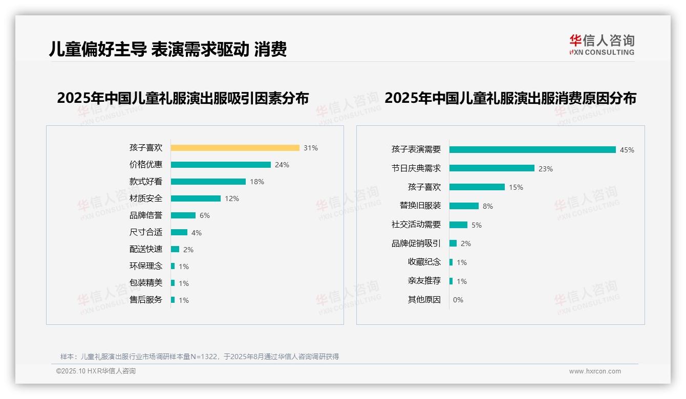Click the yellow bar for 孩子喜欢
[235, 148]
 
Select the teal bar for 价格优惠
[221, 165]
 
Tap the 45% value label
[627, 150]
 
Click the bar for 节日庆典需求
[492, 168]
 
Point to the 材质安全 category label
[146, 198]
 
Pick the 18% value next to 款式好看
[257, 182]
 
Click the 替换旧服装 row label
[420, 206]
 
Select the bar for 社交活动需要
[458, 225]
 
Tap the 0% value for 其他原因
[458, 300]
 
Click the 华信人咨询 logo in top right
[602, 45]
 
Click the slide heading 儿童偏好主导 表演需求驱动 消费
[168, 49]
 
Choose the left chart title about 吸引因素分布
[183, 98]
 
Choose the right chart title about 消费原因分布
[510, 98]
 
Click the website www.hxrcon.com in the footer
[595, 371]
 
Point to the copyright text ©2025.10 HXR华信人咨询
[96, 371]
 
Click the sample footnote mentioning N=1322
[200, 357]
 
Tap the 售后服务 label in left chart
[146, 300]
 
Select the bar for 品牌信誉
[183, 215]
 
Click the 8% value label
[487, 206]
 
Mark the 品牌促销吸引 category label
[416, 243]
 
